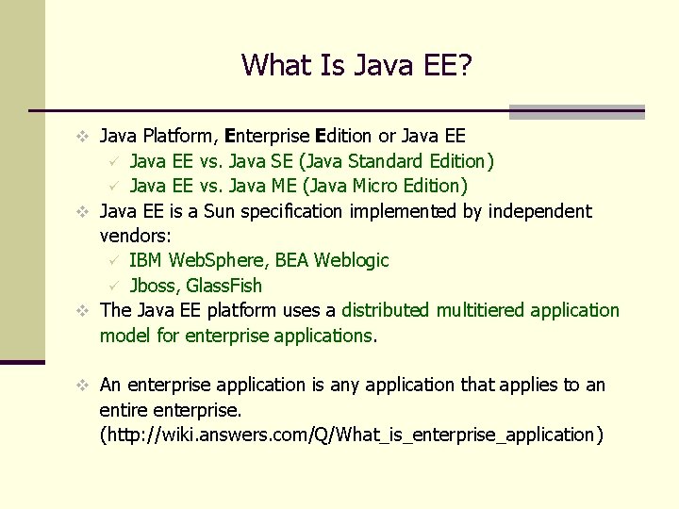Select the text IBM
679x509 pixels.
(145, 260)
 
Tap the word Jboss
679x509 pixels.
(152, 285)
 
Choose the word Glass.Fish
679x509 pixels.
(224, 285)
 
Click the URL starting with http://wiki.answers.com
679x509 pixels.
(351, 435)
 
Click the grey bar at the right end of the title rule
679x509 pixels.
(576, 111)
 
